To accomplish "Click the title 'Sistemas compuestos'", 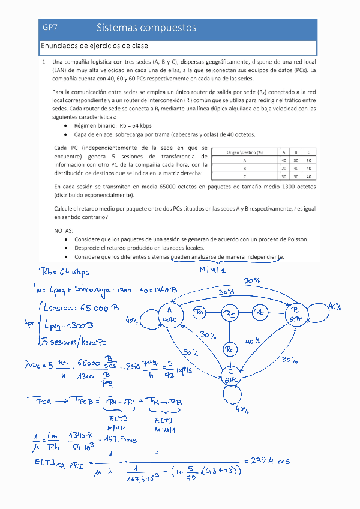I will [146, 28].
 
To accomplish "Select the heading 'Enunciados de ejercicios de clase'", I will [94, 46].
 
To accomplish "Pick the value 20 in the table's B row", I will [283, 169].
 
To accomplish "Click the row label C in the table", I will [245, 177].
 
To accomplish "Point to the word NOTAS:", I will [64, 230].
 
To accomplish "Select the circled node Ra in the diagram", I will [200, 312].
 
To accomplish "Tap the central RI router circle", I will [231, 313].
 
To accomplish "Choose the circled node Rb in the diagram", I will [259, 312].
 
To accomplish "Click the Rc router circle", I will [230, 349].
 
